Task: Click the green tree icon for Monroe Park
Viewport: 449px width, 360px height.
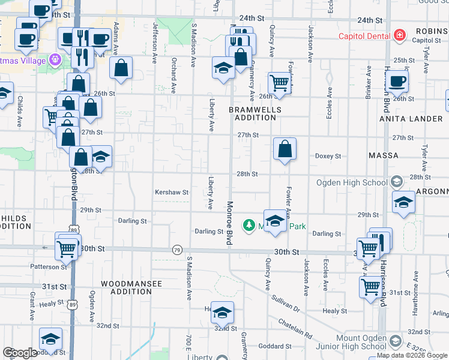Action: click(x=248, y=225)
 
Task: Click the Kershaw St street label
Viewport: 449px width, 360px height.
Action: click(x=172, y=193)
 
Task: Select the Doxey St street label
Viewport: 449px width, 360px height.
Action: click(x=328, y=156)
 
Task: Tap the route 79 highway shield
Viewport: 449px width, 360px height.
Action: click(x=176, y=250)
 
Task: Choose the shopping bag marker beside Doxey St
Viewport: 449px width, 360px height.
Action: click(x=285, y=148)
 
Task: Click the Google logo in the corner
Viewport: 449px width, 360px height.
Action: click(x=20, y=353)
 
